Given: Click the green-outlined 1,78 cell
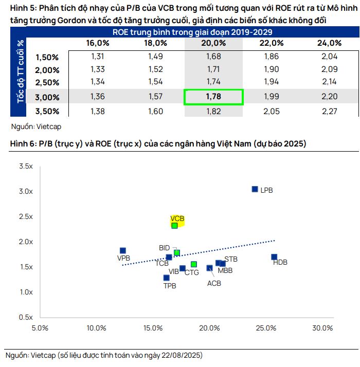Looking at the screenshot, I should tap(213, 97).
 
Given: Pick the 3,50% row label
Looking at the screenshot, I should tap(48, 111).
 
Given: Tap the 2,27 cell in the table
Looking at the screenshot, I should tap(329, 111).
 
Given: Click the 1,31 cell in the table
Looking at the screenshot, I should tap(97, 57).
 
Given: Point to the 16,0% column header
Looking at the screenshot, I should tap(97, 43).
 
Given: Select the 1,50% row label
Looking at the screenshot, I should tap(48, 57).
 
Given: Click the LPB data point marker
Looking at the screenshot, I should tap(255, 189).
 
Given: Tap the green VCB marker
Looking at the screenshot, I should tap(175, 226).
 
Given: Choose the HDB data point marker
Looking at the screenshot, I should tap(274, 257).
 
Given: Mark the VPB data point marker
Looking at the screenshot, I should tap(123, 251).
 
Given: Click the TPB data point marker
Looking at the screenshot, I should tap(166, 278).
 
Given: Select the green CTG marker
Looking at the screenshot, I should tap(194, 264).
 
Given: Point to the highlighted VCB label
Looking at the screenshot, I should tap(177, 218).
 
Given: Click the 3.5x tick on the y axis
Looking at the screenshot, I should tap(25, 167).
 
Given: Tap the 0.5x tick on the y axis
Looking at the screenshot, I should tap(25, 317).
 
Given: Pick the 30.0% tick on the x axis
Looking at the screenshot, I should tap(323, 328).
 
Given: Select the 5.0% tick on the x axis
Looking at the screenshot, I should tap(40, 328).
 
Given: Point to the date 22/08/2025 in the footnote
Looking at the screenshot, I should tap(182, 355).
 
